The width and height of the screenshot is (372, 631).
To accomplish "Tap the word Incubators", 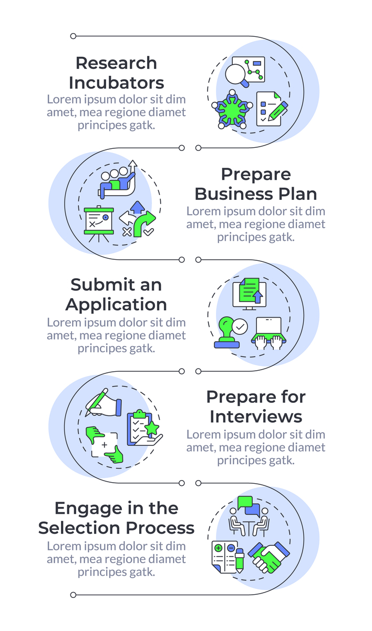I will coord(116,83).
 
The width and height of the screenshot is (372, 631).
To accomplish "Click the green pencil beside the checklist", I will coord(277,111).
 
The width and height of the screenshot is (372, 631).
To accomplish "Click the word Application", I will coord(116,305).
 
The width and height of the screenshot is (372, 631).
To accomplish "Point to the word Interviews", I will coord(256,416).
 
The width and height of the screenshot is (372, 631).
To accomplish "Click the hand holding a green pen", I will coord(103,402).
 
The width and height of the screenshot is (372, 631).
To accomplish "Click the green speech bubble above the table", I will coord(245,503).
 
